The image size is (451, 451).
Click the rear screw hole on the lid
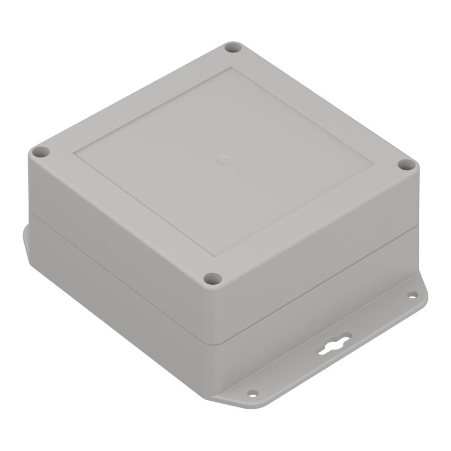coord(233,47)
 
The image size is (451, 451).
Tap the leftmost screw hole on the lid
coord(40,152)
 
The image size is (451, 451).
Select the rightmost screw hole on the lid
coord(406,165)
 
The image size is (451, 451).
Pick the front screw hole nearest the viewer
coord(213,278)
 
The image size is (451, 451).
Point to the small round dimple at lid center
coord(223,160)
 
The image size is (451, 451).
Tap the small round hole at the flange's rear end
coord(412,295)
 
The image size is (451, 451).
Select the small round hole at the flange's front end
coord(253,393)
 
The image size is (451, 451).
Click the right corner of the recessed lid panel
coord(373,165)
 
